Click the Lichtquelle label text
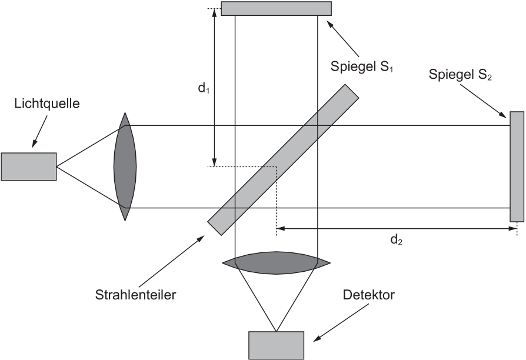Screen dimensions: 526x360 pos(47,104)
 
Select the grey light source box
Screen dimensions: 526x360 pos(29,166)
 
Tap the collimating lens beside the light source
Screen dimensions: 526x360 pos(125,166)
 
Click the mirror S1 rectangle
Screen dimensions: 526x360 pos(277,8)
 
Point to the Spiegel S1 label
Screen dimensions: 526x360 pos(362,66)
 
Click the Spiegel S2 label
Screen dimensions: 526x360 pos(460,75)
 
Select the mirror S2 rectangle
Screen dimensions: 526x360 pos(517,166)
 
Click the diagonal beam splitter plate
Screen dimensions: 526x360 pos(284,159)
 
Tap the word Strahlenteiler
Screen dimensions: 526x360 pos(135,295)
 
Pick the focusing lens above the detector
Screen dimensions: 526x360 pos(276,263)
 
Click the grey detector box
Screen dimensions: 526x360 pos(277,345)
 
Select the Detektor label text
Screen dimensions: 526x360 pos(369,295)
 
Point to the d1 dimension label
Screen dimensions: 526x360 pos(204,88)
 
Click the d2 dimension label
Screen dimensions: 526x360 pos(397,239)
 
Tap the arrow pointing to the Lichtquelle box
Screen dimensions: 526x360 pos(39,131)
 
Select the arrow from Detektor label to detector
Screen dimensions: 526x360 pos(341,323)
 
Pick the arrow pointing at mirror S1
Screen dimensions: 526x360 pos(343,38)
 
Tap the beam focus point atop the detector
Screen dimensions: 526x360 pos(276,331)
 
